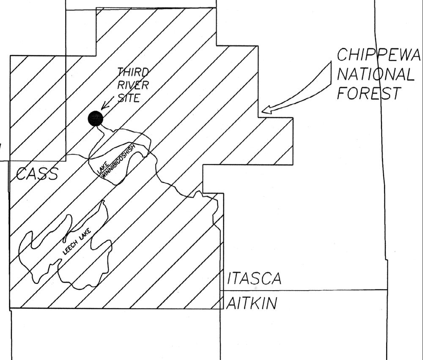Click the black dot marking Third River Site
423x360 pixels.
(96, 119)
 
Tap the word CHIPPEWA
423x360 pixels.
(379, 55)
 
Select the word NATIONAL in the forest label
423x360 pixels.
(375, 74)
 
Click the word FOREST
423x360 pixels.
(368, 93)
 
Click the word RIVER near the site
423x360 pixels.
(133, 85)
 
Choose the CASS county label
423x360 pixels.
(37, 174)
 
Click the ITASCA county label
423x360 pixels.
(254, 279)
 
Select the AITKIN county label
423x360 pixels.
(252, 303)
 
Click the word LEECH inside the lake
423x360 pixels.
(70, 248)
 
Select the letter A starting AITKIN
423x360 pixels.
(231, 303)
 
